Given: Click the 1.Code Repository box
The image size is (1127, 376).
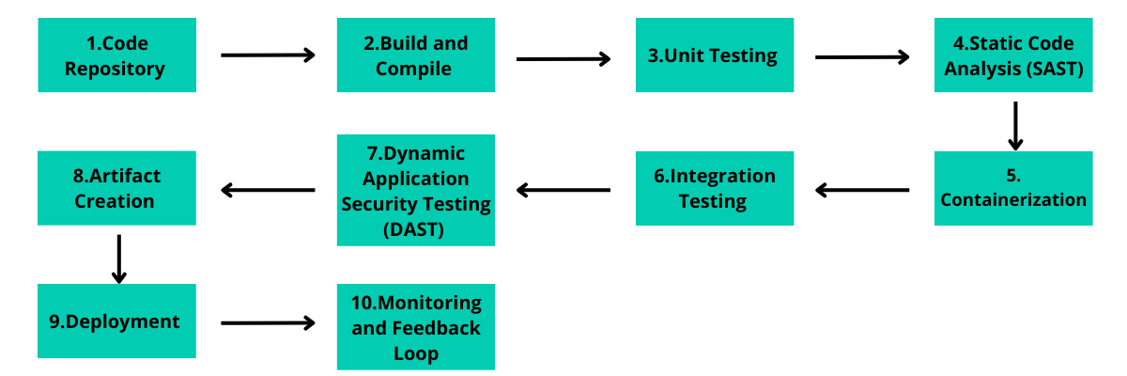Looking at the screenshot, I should tap(117, 55).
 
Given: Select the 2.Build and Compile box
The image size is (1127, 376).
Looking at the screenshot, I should tap(416, 55).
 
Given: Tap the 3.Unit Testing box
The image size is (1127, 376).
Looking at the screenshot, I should tap(714, 55).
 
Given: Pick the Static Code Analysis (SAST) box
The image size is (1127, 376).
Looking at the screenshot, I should tap(1013, 55).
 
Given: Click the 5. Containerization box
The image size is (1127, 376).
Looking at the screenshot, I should tap(1013, 188).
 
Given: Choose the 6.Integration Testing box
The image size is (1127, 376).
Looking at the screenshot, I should tap(714, 188).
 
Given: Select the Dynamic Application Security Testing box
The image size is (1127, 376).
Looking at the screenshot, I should tap(416, 190).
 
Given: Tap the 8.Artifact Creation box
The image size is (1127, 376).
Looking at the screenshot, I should tap(117, 188).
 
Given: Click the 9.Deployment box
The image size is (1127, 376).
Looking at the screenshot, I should tap(117, 321).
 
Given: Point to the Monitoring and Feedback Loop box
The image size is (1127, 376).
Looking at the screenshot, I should tap(416, 327).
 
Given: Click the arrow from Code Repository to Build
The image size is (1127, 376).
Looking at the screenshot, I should tap(268, 55).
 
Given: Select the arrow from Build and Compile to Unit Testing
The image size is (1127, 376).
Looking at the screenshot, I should tap(563, 59).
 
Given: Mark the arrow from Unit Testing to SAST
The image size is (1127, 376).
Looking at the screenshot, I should tap(862, 57).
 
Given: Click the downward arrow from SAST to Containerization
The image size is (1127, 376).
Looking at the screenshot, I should tap(1015, 125).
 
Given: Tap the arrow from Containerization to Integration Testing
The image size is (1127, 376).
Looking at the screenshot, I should tap(862, 191).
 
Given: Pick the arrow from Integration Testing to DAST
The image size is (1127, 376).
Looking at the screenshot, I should tap(563, 191).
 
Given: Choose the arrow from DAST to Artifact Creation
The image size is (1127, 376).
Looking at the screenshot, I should tap(268, 191).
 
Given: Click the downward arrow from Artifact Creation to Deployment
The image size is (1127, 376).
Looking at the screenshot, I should tap(118, 258).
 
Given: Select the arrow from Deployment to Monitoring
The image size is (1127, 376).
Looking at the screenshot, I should tap(268, 323).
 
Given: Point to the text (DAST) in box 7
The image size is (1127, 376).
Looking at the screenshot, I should tap(415, 227).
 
